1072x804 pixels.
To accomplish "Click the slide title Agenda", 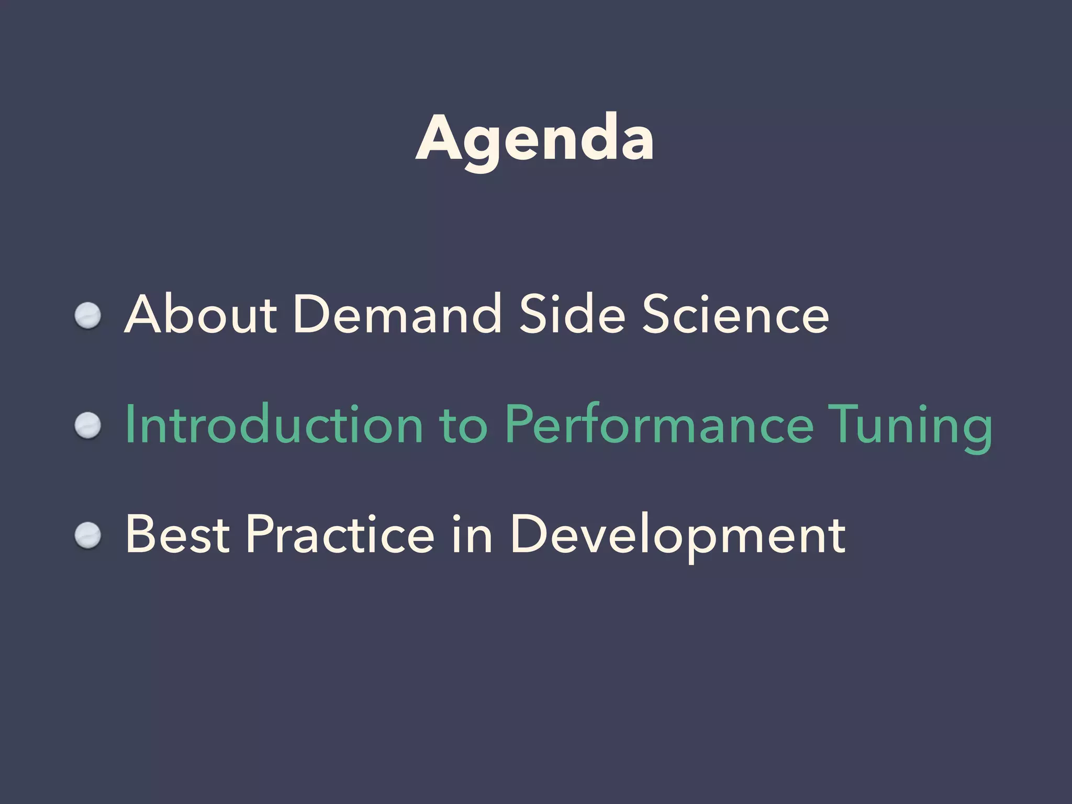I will point(534,139).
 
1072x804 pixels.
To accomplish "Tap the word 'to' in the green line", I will point(464,426).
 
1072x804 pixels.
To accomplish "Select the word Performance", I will point(659,425).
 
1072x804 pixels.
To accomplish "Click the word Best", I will point(177,534).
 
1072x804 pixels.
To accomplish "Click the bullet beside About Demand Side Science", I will point(87,316).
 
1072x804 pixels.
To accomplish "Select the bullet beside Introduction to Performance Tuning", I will point(87,426).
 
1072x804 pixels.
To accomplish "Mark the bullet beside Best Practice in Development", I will point(87,535).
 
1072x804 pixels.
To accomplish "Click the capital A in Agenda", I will point(439,139).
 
